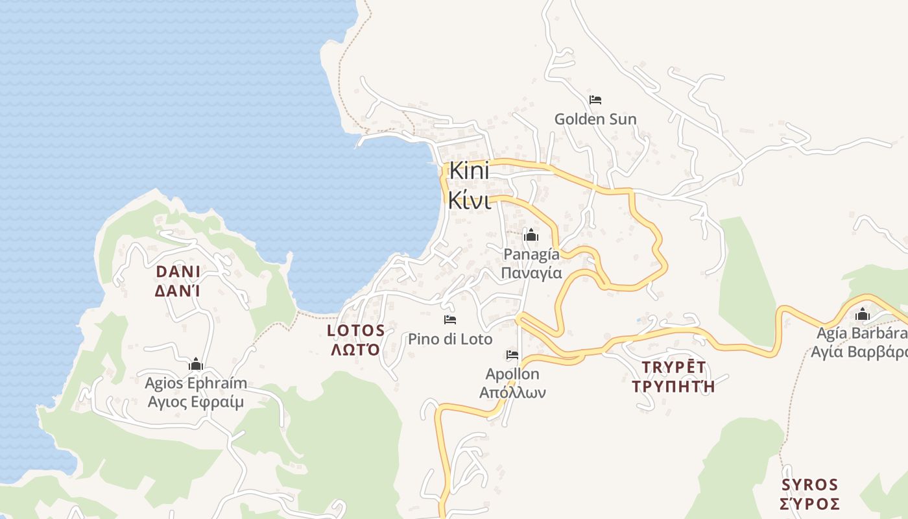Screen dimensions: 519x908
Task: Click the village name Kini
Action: tap(469, 172)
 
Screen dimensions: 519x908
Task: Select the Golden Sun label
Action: tap(595, 119)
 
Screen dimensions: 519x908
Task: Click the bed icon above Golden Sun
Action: tap(595, 100)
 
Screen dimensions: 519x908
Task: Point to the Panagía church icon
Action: tap(531, 235)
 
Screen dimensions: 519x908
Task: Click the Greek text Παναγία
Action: tap(532, 272)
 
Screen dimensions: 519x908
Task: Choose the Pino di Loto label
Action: tap(450, 339)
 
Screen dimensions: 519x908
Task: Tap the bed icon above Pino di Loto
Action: tap(450, 320)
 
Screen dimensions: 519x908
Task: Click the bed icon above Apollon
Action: tap(512, 355)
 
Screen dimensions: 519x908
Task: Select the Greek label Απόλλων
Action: tap(512, 392)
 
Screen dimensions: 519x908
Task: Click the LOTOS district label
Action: tap(356, 330)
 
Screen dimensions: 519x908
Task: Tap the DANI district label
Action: tap(178, 271)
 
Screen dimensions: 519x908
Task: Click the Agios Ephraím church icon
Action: tap(196, 365)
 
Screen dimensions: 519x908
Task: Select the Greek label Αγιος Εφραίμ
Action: tap(196, 402)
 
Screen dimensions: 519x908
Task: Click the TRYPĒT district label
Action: tap(673, 367)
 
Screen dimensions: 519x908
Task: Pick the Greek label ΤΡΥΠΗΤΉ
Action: tap(673, 387)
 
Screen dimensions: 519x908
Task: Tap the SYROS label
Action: tap(810, 485)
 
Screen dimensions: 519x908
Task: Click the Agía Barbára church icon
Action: tap(863, 315)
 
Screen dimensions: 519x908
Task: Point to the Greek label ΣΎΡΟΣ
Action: tap(810, 504)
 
